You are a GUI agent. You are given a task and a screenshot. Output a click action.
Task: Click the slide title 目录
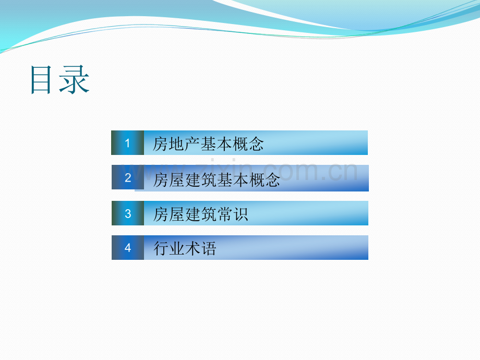[x=60, y=80]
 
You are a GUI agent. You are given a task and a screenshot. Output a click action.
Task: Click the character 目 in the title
[x=41, y=80]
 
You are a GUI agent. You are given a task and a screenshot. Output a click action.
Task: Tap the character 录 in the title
[x=75, y=80]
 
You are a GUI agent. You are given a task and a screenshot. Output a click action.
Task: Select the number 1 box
[x=127, y=142]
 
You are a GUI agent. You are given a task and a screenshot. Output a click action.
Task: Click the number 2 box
[x=128, y=177]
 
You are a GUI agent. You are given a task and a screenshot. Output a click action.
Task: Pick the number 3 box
[x=128, y=213]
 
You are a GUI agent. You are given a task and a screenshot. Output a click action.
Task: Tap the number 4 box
[x=128, y=247]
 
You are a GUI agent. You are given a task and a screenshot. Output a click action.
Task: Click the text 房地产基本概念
[x=208, y=144]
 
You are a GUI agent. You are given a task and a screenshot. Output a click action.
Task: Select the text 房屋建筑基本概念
[x=217, y=179]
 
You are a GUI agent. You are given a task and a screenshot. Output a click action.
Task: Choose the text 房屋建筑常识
[x=200, y=214]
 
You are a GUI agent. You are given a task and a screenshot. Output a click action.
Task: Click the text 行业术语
[x=185, y=248]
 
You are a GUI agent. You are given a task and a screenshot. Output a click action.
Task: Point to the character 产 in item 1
[x=192, y=144]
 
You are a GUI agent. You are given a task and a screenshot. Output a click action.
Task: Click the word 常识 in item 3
[x=232, y=214]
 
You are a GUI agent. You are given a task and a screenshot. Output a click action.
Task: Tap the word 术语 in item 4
[x=200, y=248]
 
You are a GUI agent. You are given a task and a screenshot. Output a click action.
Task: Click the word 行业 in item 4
[x=169, y=248]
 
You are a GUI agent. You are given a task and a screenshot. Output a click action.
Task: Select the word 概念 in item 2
[x=265, y=179]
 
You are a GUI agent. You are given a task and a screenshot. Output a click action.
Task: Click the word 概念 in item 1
[x=248, y=144]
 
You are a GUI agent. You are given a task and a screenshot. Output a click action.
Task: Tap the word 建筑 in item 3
[x=200, y=214]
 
